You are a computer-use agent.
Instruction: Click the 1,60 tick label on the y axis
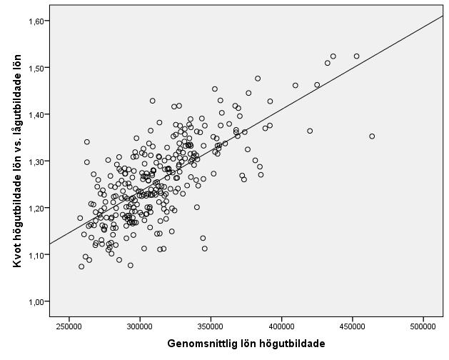point(36,21)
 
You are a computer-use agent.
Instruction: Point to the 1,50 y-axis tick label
point(36,68)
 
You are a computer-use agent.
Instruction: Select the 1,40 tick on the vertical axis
point(36,114)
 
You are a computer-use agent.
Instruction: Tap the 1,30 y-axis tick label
point(36,161)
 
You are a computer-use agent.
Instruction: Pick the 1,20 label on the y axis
point(36,208)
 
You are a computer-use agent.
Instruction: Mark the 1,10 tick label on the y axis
point(36,254)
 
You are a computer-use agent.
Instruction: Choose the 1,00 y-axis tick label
point(36,301)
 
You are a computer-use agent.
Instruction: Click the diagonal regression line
point(286,108)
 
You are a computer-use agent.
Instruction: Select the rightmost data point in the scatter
point(372,136)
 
